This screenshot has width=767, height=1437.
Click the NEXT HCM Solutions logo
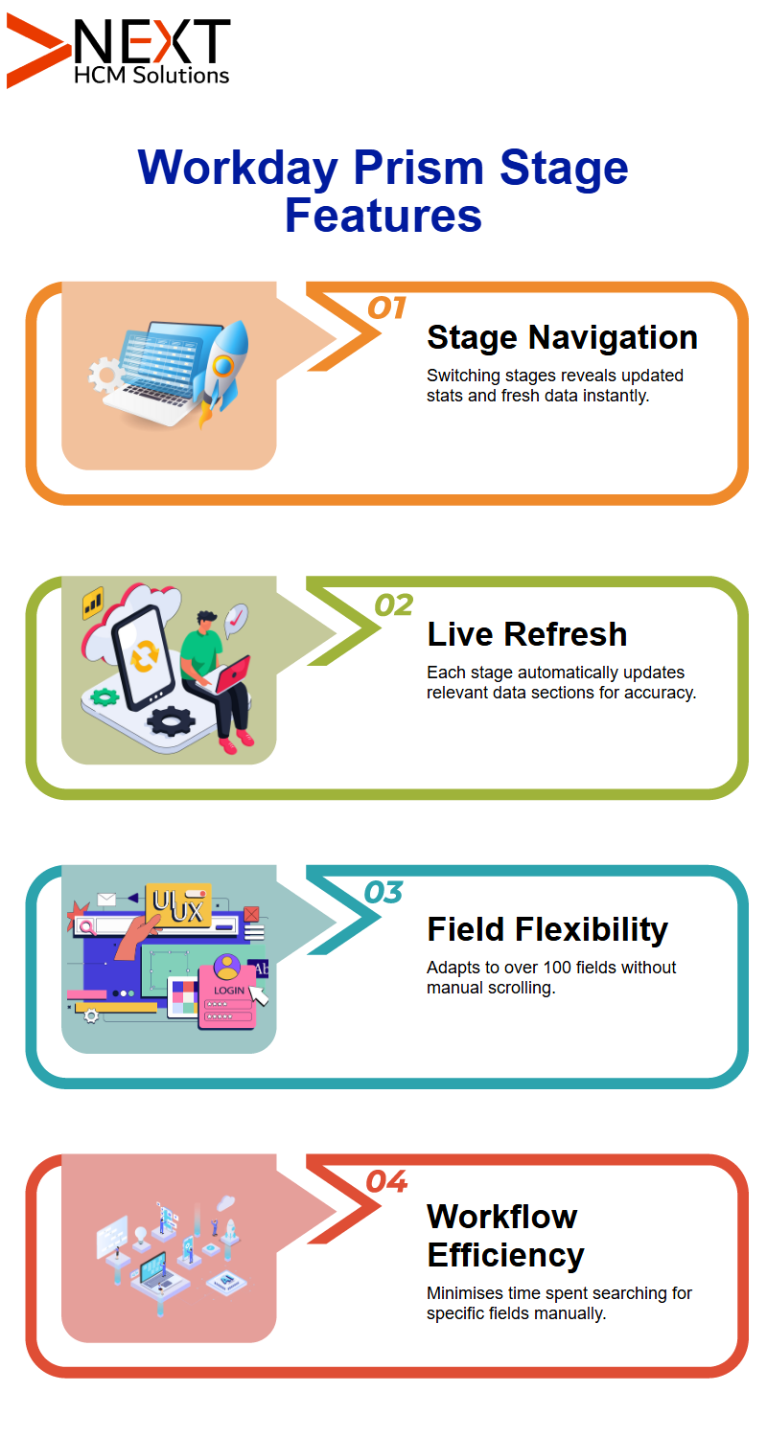(118, 52)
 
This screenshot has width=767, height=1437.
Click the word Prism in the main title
(418, 168)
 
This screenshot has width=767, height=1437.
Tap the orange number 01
(386, 308)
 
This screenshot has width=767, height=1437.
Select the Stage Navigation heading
(562, 337)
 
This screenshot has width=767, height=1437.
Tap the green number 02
(393, 604)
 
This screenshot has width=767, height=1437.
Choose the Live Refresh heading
(527, 634)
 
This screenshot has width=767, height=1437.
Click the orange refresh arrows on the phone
(145, 655)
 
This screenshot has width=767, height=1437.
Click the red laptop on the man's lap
(232, 674)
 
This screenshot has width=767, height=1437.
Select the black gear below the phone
(172, 720)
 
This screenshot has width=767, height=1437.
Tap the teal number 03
(383, 892)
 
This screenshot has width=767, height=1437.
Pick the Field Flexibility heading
(547, 929)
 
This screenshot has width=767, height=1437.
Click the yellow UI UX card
(178, 905)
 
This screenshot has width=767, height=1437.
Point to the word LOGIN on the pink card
(229, 991)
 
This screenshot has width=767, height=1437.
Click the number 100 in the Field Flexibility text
(556, 968)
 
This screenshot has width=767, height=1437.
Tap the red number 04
(386, 1181)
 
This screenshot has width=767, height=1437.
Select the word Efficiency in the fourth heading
(506, 1255)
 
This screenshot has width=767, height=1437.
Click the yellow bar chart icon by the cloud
(93, 603)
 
